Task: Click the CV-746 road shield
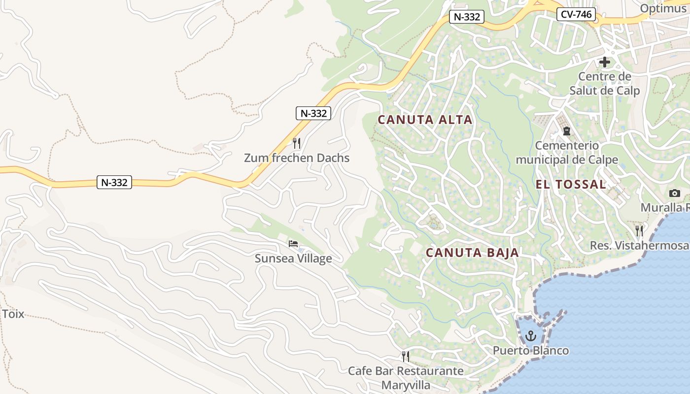pyautogui.click(x=576, y=14)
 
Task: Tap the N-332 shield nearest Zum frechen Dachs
pyautogui.click(x=313, y=113)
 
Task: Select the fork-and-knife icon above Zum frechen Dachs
pyautogui.click(x=296, y=143)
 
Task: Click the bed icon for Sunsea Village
pyautogui.click(x=293, y=244)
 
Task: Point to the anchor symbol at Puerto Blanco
pyautogui.click(x=531, y=336)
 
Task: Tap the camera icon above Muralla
pyautogui.click(x=675, y=193)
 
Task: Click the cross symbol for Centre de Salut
pyautogui.click(x=604, y=62)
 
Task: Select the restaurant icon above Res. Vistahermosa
pyautogui.click(x=639, y=230)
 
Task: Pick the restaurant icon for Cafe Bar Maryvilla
pyautogui.click(x=406, y=356)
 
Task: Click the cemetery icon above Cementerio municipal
pyautogui.click(x=566, y=131)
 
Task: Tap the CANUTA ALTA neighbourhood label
pyautogui.click(x=425, y=120)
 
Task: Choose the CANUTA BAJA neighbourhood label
pyautogui.click(x=472, y=253)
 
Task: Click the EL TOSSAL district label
pyautogui.click(x=571, y=185)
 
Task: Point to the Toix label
pyautogui.click(x=13, y=314)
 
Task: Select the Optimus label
pyautogui.click(x=663, y=8)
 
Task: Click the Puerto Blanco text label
pyautogui.click(x=531, y=351)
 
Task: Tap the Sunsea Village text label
pyautogui.click(x=293, y=259)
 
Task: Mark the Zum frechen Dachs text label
pyautogui.click(x=297, y=158)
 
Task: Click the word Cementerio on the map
pyautogui.click(x=567, y=146)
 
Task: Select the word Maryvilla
pyautogui.click(x=406, y=385)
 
